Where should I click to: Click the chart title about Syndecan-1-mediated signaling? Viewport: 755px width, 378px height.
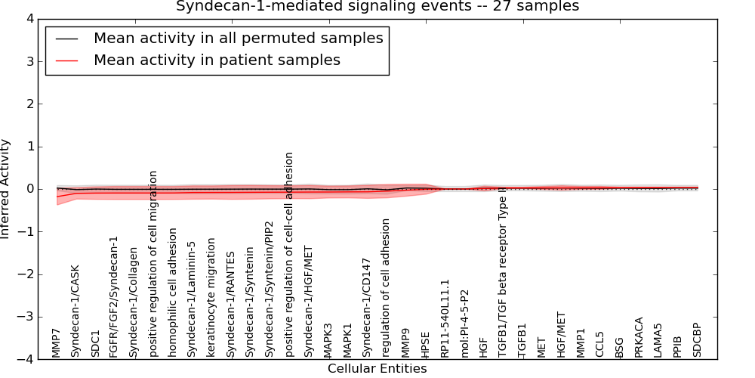(377, 6)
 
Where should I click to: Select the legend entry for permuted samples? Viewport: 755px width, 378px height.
(238, 38)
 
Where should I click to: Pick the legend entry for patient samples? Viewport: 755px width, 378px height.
(217, 60)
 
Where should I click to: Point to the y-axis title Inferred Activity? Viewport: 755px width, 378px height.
(6, 189)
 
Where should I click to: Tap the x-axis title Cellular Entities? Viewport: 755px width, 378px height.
(377, 369)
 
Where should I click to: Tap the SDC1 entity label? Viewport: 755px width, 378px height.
(95, 343)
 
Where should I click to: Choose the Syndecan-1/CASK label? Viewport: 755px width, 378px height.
(75, 311)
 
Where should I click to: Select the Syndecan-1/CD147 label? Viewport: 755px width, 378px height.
(367, 307)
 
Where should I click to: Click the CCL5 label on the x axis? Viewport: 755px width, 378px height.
(600, 344)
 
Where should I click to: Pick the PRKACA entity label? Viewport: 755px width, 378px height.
(639, 337)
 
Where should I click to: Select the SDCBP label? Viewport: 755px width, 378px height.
(697, 340)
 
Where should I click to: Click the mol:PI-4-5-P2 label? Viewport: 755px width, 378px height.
(464, 323)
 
